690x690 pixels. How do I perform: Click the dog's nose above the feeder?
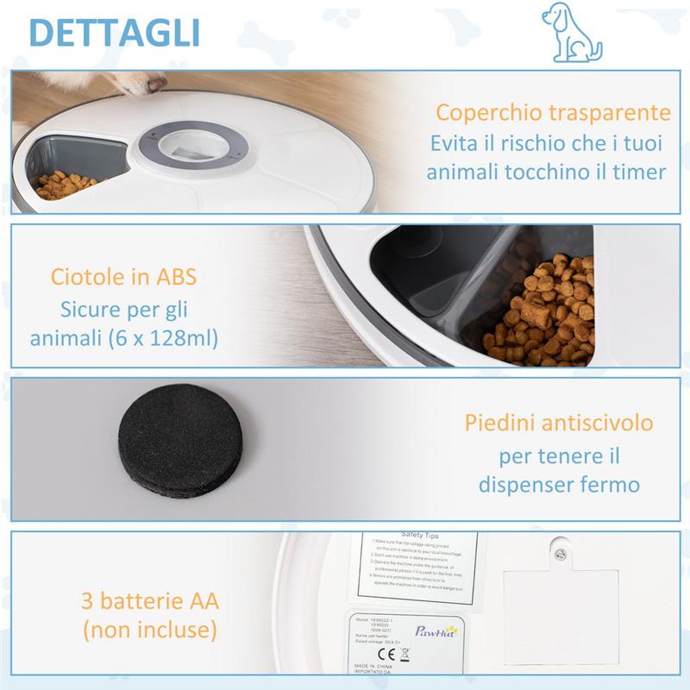click(x=156, y=83)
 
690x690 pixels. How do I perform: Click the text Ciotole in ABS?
click(x=124, y=278)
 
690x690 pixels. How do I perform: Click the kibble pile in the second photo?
click(x=543, y=310)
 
